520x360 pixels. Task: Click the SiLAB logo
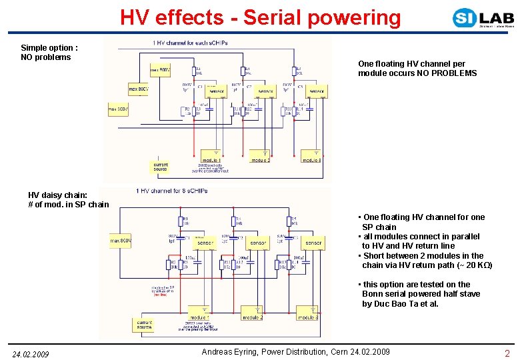pos(483,18)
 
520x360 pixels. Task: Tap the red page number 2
pos(507,353)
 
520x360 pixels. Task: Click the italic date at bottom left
pos(30,354)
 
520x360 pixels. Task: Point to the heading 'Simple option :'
pos(49,48)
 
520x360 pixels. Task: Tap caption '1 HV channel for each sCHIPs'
pos(190,43)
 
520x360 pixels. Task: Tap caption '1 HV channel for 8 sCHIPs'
pos(172,191)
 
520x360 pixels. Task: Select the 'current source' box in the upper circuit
pos(161,166)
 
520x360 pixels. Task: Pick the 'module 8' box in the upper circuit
pos(311,160)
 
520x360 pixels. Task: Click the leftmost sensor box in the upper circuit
pos(217,91)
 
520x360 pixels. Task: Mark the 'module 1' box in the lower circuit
pos(198,317)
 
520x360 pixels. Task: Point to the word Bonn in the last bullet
pos(373,294)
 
